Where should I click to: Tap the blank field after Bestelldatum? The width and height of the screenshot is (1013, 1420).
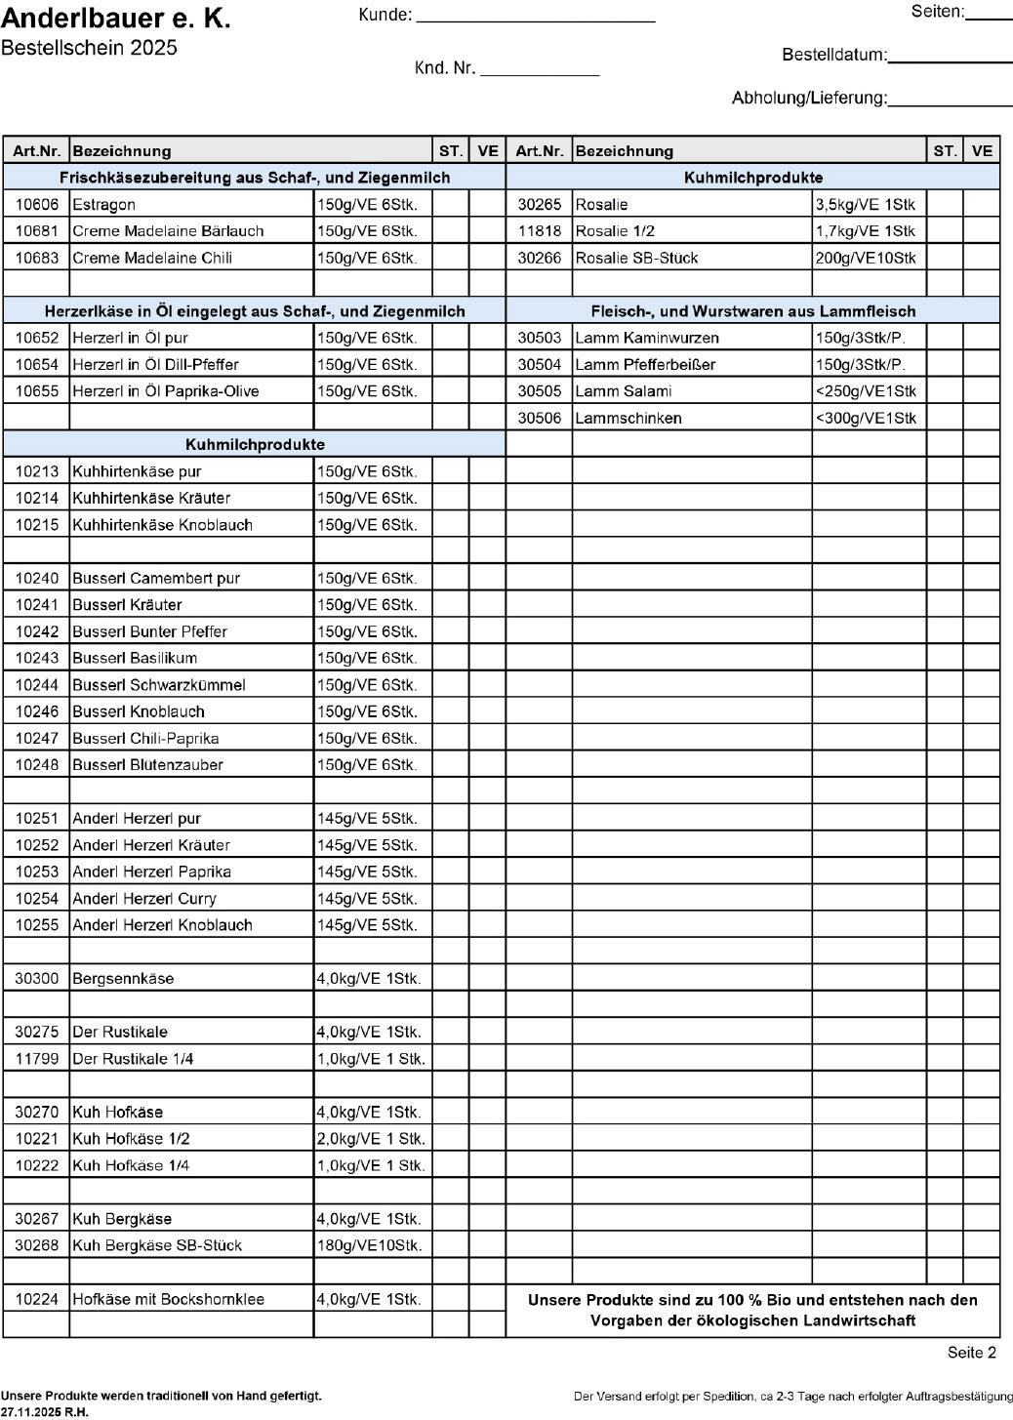(949, 56)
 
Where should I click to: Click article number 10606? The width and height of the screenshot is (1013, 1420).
(37, 205)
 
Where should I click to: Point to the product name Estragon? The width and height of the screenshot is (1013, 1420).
(104, 205)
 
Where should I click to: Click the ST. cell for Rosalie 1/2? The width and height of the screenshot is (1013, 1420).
(944, 231)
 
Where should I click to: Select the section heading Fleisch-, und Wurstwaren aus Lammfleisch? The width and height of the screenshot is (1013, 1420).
(752, 311)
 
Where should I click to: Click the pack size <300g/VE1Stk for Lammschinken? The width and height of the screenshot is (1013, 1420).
(866, 418)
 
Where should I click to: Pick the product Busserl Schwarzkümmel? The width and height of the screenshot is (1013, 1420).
(159, 685)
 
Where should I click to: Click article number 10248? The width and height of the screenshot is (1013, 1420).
(37, 765)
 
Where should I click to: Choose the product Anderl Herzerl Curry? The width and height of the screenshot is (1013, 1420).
(144, 899)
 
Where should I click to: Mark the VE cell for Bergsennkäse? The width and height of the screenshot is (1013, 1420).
(487, 978)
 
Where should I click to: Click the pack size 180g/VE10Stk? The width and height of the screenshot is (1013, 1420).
(370, 1245)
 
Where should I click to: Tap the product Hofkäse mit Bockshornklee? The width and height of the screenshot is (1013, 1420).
(169, 1299)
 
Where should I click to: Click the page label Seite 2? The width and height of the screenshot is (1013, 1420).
(971, 1353)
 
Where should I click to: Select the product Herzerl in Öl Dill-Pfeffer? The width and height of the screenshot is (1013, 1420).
(155, 365)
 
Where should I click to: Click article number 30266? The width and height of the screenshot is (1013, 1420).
(540, 258)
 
